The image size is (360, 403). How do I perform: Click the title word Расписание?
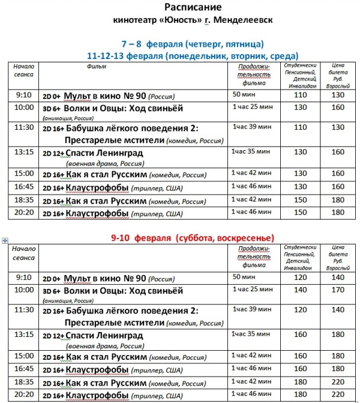(193, 8)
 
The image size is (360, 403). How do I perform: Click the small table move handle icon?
(5, 240)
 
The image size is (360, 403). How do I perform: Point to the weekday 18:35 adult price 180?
(338, 200)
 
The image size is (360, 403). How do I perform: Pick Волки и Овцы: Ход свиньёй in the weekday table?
(120, 108)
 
